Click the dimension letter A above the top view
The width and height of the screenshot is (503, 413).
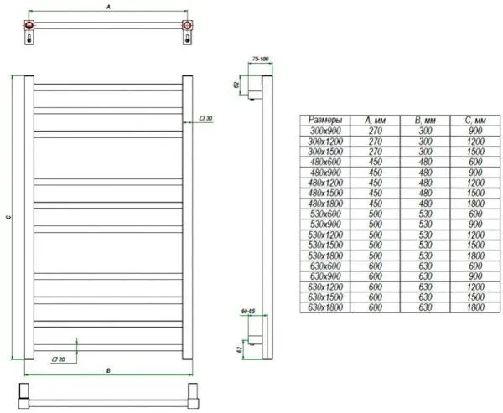pos(108,6)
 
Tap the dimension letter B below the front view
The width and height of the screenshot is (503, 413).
pos(108,369)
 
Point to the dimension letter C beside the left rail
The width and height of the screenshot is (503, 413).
pos(8,218)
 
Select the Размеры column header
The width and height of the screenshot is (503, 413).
pos(324,120)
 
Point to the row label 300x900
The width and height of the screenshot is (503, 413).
pos(324,132)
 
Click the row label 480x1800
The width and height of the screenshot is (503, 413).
pos(324,203)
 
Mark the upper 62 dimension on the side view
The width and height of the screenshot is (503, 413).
pos(237,85)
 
